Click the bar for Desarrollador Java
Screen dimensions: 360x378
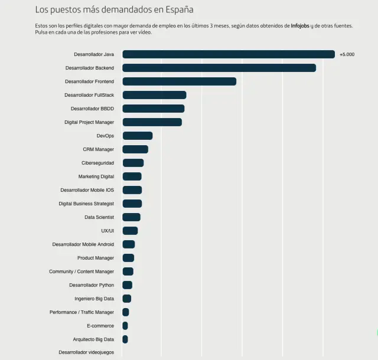(229, 54)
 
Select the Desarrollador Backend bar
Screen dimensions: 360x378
(219, 68)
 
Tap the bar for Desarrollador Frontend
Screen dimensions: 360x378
(179, 81)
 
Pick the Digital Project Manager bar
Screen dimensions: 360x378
(152, 122)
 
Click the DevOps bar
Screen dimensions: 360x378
(137, 136)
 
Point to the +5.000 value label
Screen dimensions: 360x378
(347, 54)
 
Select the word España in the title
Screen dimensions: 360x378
(178, 10)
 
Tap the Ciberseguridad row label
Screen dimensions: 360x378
(97, 163)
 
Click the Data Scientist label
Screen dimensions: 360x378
(99, 217)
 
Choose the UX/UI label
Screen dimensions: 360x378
(107, 231)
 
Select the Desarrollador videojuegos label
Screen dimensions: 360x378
(86, 352)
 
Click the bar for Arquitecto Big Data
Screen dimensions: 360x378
(125, 339)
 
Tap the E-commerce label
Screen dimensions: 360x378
(100, 326)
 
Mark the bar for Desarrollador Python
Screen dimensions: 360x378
(128, 285)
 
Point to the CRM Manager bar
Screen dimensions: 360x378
(135, 149)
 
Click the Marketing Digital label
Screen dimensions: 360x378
(96, 176)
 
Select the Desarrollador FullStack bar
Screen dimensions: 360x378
(154, 95)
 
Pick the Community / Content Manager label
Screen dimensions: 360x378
(82, 271)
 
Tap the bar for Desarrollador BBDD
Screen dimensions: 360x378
(154, 109)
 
